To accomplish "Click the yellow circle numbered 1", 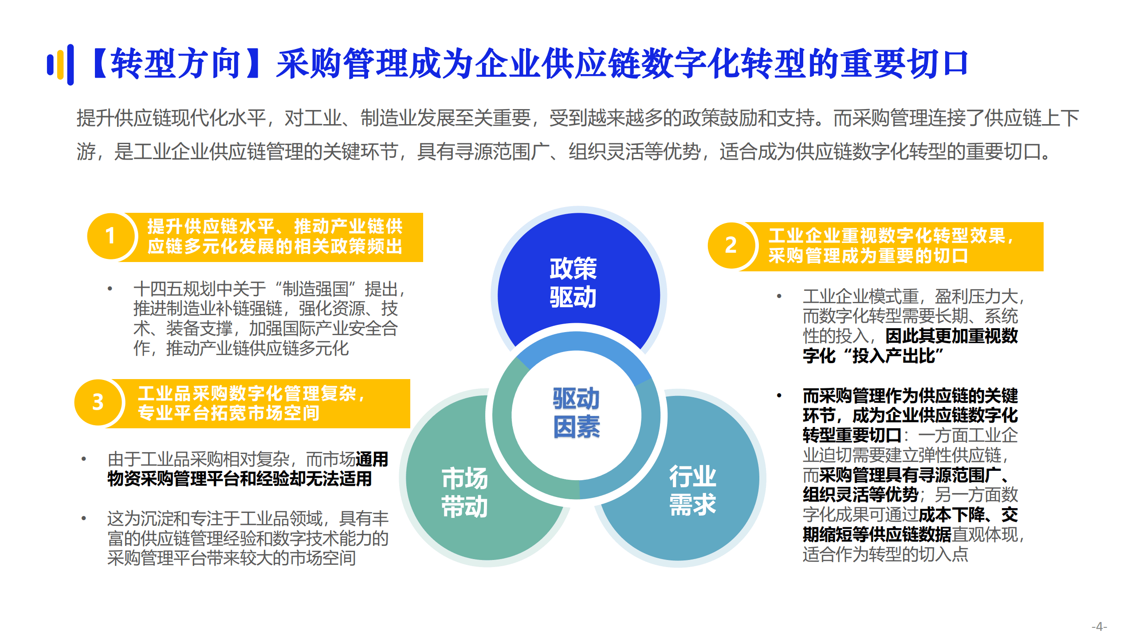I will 110,236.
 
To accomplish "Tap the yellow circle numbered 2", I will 730,245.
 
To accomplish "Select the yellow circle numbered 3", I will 98,402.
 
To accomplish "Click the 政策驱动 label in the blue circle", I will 573,282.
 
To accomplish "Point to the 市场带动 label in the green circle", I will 464,492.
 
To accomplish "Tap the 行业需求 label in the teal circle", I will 692,490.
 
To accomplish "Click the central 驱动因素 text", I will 576,413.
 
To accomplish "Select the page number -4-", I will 1099,626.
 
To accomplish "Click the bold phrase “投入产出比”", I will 893,356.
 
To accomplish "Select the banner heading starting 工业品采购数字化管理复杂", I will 251,403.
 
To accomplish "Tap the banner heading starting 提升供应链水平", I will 275,236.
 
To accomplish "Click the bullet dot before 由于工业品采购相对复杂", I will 83,459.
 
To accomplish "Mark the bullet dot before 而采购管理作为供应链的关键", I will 779,395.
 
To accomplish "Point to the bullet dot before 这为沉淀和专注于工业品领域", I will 83,518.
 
